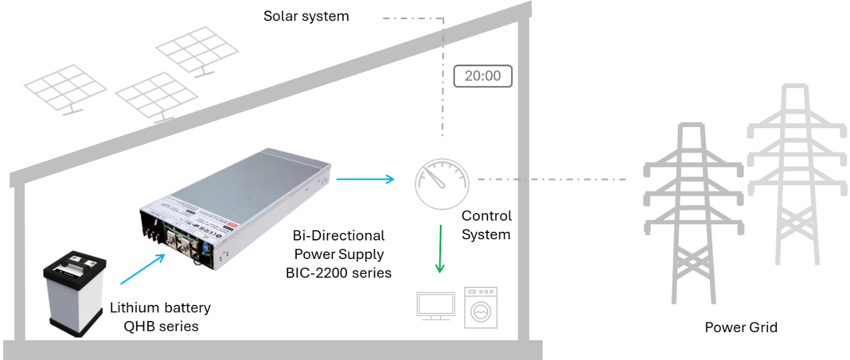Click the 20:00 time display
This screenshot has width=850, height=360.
coord(483,76)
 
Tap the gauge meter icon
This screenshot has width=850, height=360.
coord(442,182)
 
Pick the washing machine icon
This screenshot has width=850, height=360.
coord(481,307)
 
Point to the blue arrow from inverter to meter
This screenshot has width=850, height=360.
coord(365,179)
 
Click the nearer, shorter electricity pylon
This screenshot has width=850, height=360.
coord(693,211)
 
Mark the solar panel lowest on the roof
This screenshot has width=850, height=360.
coord(157,96)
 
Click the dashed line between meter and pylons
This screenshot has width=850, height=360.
coord(551,180)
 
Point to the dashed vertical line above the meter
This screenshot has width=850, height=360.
coord(443,81)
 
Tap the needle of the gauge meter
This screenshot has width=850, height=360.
coord(438,178)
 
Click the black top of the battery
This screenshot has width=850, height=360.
coord(74,263)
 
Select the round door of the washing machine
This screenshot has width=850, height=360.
coord(481,312)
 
